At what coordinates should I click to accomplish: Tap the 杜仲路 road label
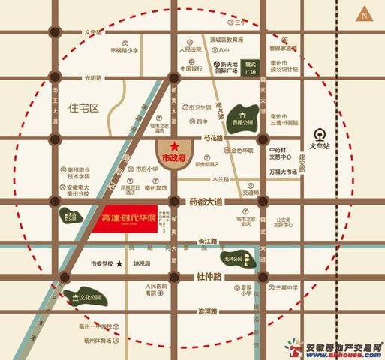coord(212,276)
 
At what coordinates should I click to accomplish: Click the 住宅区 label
coord(83,108)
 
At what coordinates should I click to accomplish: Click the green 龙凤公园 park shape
coord(236,260)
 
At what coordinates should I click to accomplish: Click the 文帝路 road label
coord(92,32)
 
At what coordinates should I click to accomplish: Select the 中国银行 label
coord(191,68)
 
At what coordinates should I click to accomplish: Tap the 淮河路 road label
coord(209,310)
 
